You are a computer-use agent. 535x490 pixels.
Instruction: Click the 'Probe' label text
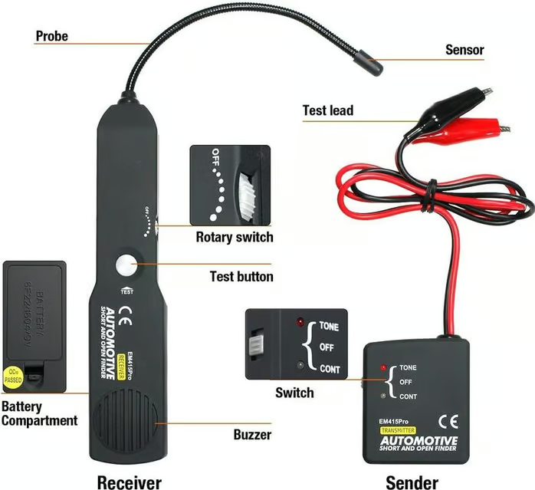click(x=51, y=36)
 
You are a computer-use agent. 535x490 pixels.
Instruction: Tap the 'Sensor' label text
click(x=464, y=51)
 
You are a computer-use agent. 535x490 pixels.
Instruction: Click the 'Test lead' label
click(x=327, y=110)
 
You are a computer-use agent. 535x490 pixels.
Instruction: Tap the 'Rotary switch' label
click(x=234, y=236)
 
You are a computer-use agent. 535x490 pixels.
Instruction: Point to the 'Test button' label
click(x=241, y=276)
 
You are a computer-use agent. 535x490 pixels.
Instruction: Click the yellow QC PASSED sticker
click(x=15, y=375)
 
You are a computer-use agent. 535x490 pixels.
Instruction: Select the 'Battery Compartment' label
click(x=39, y=413)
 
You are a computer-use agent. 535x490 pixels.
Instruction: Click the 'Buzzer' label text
click(x=252, y=435)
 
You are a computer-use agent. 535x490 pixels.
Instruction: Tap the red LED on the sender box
click(x=382, y=368)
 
